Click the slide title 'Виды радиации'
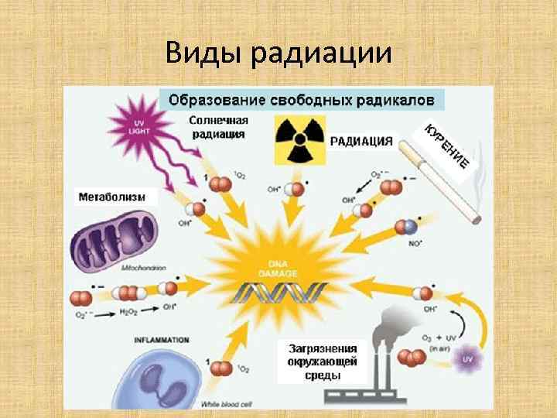click(278, 53)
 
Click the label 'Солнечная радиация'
click(219, 127)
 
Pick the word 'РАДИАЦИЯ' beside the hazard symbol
click(361, 142)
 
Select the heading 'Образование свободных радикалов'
click(302, 100)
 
